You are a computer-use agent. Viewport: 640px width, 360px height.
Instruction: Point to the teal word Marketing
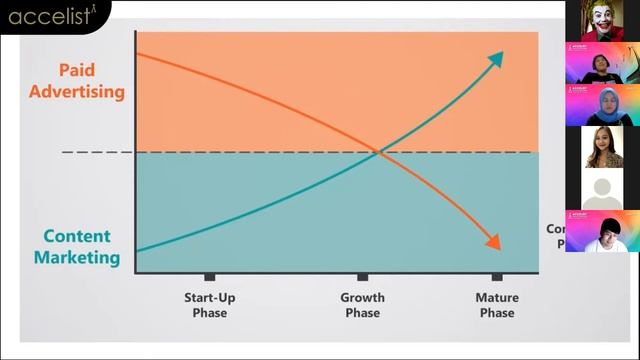tap(77, 258)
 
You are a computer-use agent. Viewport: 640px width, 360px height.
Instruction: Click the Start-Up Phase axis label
tap(210, 305)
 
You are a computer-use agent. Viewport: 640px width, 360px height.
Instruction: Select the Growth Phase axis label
tap(362, 305)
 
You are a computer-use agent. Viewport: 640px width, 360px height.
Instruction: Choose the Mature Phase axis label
tap(496, 305)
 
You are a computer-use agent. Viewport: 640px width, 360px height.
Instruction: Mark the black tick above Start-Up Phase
tap(210, 277)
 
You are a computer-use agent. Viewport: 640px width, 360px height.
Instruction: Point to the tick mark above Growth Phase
tap(362, 277)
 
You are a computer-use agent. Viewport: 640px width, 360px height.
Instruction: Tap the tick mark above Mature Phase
tap(497, 277)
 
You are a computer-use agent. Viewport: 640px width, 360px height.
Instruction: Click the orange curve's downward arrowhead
tap(493, 242)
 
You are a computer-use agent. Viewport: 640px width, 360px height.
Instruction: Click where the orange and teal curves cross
tap(378, 152)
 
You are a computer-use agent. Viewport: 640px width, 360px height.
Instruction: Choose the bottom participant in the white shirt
tap(602, 232)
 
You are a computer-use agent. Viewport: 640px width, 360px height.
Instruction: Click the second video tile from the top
tap(602, 63)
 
